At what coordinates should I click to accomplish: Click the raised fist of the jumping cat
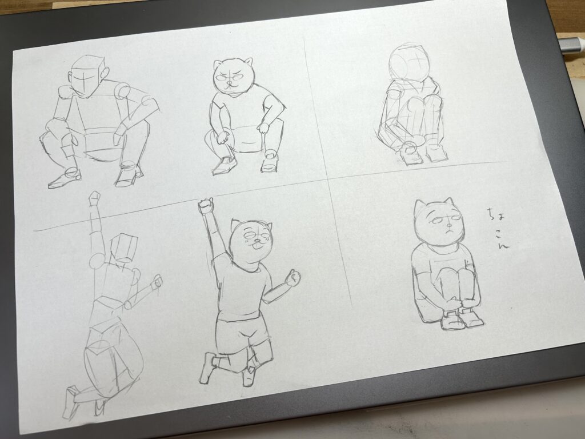pos(206,206)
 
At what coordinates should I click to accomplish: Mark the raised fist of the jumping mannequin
pos(95,197)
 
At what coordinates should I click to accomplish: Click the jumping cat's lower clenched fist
pos(293,278)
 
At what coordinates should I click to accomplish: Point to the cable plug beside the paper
pos(571,46)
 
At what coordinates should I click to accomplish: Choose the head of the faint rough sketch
pos(408,63)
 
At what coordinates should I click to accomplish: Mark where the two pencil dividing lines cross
pos(328,179)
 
